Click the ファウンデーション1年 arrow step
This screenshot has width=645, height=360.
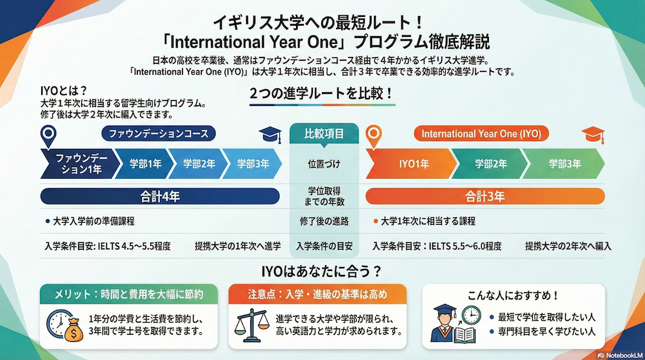[x=76, y=164]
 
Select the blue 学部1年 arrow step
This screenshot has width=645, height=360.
[x=145, y=164]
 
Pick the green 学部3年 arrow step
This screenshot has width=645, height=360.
[x=564, y=164]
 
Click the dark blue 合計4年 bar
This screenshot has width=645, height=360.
[x=160, y=195]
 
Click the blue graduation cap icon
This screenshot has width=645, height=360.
[x=270, y=134]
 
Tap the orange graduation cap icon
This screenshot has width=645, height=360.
[x=593, y=134]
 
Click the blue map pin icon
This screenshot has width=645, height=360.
[x=48, y=136]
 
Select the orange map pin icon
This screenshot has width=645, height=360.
[x=373, y=136]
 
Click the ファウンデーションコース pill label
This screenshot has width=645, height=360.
[x=159, y=134]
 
